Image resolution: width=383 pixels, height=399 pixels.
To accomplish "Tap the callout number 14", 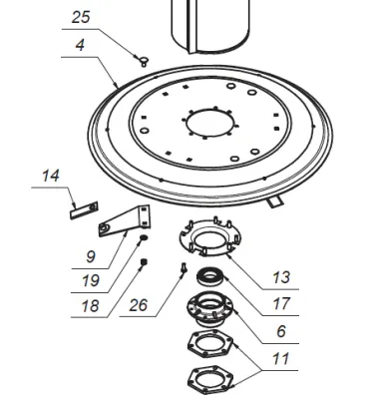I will pyautogui.click(x=51, y=177).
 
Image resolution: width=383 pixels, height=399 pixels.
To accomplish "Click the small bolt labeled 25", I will pyautogui.click(x=144, y=62).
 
